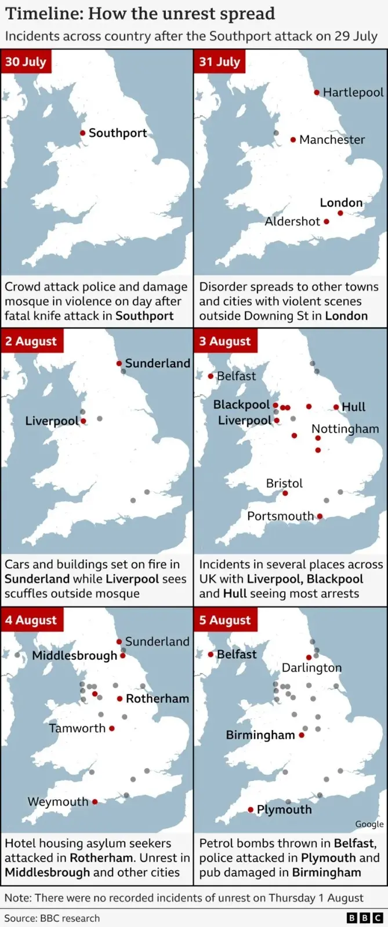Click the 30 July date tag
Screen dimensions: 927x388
tap(26, 61)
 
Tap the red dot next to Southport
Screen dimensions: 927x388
tap(83, 133)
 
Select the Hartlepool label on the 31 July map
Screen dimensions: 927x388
tap(353, 92)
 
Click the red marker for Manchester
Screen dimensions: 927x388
tap(293, 140)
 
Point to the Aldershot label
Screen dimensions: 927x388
tap(292, 221)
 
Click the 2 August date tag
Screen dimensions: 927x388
tap(32, 341)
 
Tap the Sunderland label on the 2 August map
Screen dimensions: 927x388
tap(157, 363)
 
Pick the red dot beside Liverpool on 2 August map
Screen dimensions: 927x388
tap(84, 421)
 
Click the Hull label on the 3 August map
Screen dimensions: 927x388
tap(353, 407)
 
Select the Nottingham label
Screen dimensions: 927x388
tap(345, 429)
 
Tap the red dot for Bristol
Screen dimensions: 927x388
tap(285, 494)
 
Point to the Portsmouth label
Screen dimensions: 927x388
tap(280, 516)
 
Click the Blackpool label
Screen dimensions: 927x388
tap(241, 404)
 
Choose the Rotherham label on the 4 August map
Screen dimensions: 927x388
tap(157, 699)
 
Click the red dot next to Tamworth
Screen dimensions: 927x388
tap(112, 728)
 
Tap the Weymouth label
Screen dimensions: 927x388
tap(58, 802)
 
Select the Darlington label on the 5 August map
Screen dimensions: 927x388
tap(311, 668)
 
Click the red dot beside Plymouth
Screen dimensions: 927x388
tap(251, 809)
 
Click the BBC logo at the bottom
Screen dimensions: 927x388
tap(364, 918)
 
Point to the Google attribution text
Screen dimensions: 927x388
tap(369, 824)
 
